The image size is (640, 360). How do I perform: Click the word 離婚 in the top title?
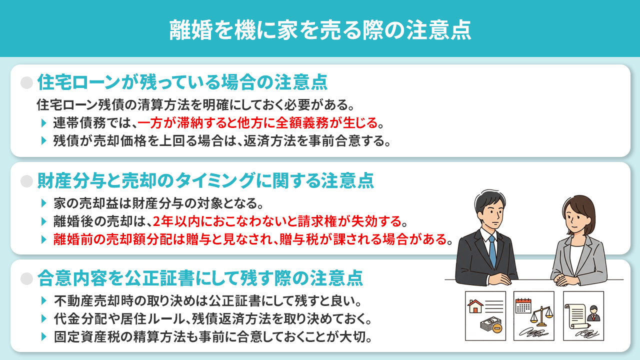185,29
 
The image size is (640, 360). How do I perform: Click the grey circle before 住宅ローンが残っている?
26,82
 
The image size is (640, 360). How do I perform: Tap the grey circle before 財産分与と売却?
26,180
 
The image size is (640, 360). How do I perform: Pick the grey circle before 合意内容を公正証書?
26,278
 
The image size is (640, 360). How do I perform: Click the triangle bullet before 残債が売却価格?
44,140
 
